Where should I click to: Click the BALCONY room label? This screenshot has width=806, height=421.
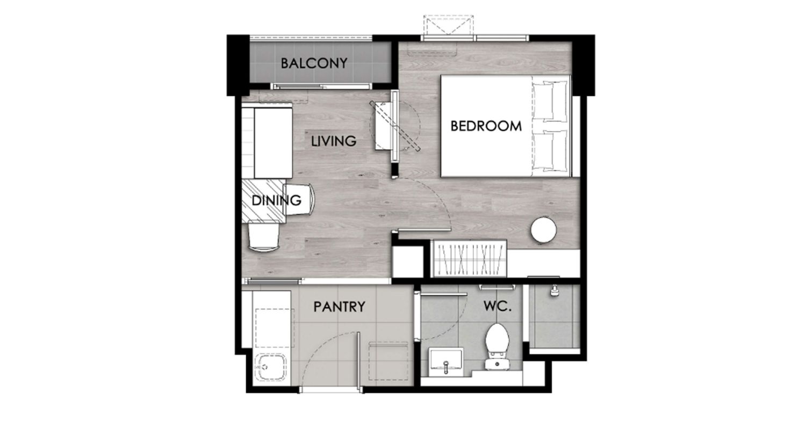(314, 63)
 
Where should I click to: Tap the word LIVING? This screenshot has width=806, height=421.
(334, 141)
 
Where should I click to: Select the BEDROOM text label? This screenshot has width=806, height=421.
(486, 126)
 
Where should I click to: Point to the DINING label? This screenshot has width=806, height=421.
(276, 200)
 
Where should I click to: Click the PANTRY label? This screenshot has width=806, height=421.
(339, 307)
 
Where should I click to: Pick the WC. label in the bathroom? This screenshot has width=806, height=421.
(498, 306)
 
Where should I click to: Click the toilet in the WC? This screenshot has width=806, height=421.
(497, 346)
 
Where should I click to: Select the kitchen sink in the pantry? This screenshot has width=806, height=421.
(271, 367)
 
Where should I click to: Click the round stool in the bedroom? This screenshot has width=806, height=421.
(544, 230)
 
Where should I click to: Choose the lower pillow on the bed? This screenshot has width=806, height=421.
(550, 150)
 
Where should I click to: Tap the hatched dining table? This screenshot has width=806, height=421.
(263, 201)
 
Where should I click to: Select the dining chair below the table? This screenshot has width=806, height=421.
(264, 237)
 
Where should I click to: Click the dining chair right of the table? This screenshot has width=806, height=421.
(299, 200)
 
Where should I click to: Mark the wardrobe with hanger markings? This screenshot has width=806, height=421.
(470, 258)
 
